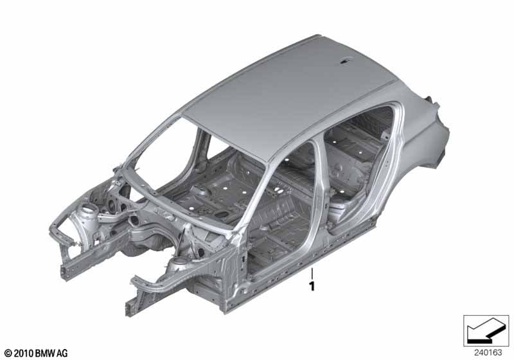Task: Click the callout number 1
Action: coord(312,287)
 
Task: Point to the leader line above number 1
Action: coord(312,273)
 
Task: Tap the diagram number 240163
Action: coord(488,353)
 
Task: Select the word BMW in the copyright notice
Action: coord(45,354)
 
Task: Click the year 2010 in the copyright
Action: coord(23,354)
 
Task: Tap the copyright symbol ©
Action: coord(8,354)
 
